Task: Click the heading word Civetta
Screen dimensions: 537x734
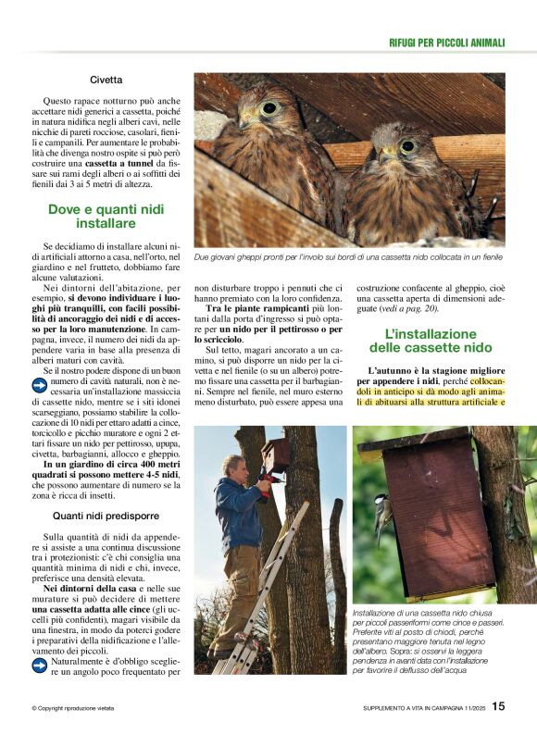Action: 107,81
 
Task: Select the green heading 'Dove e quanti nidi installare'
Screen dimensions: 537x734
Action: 106,216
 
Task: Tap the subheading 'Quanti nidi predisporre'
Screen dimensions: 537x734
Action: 106,515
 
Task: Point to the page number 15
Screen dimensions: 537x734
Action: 498,706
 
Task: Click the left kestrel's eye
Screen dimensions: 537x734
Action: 269,108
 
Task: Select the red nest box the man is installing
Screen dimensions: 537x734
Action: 275,454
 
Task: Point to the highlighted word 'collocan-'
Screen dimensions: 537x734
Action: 488,380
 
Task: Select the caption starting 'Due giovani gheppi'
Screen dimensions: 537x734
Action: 347,256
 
